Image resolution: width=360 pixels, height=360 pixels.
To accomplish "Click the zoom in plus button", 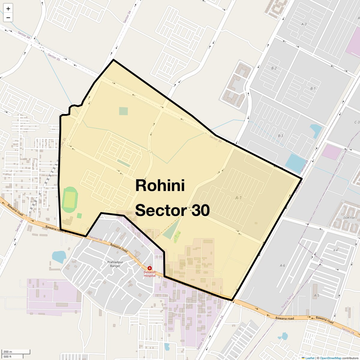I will (x=8, y=9).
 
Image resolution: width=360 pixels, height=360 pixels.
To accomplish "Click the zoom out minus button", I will (x=8, y=18).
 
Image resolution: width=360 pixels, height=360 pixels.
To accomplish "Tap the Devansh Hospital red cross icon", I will (x=150, y=268).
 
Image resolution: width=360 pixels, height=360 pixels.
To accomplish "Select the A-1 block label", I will (x=238, y=198).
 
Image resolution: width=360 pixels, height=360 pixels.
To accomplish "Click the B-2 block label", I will (x=274, y=68).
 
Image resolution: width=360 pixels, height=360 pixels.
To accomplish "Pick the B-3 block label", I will (x=280, y=136).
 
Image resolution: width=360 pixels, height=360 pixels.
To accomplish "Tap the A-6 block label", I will (x=282, y=265).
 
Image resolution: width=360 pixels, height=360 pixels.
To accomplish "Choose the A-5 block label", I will (x=316, y=295).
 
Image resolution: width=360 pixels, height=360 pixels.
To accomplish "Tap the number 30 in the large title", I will (x=199, y=210).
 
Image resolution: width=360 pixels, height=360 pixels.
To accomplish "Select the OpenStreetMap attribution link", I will (x=330, y=358).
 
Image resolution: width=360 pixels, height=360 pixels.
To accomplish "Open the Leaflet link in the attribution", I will (x=310, y=358).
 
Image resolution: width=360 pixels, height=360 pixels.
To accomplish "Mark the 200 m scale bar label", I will (x=8, y=352).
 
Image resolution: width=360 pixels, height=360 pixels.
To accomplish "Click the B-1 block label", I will (x=313, y=88).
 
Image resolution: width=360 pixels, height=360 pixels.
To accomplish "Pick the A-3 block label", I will (x=304, y=24).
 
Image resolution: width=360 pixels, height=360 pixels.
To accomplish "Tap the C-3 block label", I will (x=357, y=122).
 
